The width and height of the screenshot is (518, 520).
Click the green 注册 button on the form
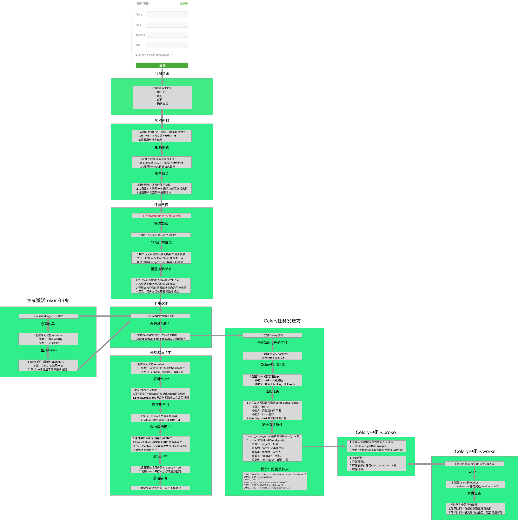click(x=162, y=65)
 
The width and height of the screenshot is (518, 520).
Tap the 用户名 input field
click(x=167, y=15)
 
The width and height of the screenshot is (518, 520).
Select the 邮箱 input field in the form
click(x=167, y=45)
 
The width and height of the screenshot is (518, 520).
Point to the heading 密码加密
click(x=161, y=223)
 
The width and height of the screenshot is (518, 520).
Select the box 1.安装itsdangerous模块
click(x=48, y=316)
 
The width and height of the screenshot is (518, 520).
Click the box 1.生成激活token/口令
click(x=160, y=316)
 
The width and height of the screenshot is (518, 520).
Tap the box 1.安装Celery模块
click(x=272, y=335)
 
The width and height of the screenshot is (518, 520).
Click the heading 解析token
click(x=161, y=379)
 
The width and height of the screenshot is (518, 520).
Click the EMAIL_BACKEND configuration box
click(x=275, y=481)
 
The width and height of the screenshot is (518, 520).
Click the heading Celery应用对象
click(x=273, y=365)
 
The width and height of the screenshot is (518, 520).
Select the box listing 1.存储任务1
click(x=376, y=463)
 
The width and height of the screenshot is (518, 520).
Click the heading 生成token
click(x=49, y=350)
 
